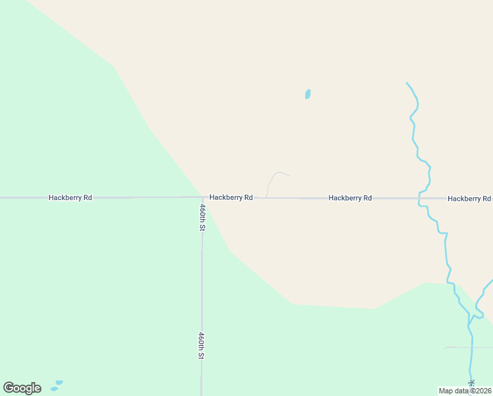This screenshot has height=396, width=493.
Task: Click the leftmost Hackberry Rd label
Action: pos(70,197)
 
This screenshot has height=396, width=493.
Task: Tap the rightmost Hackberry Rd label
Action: pos(469,198)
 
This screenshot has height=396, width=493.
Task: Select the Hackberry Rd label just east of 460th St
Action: pos(231,197)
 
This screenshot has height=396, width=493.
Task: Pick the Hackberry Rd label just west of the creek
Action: pos(350,197)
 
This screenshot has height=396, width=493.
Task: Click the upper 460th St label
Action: pos(202,217)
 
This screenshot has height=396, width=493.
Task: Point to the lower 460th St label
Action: pos(202,345)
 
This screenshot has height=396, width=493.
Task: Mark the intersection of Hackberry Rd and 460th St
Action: pos(202,197)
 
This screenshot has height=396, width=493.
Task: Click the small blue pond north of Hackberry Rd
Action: pos(308,94)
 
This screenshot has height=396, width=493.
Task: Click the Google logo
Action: pos(22,388)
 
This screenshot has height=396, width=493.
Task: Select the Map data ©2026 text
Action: pos(465,391)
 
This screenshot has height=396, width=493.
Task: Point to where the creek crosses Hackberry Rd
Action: pos(419,198)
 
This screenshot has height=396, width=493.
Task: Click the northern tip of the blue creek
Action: pos(407,83)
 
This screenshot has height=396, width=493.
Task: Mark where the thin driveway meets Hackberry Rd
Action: pos(266,197)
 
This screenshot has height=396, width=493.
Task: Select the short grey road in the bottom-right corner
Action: pos(469,347)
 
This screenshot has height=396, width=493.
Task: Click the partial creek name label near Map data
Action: pos(471,383)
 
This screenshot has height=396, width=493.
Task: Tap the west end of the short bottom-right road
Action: pos(446,347)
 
